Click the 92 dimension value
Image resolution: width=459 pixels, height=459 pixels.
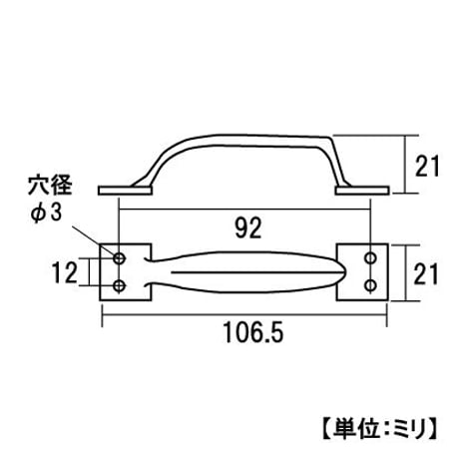[x=248, y=228]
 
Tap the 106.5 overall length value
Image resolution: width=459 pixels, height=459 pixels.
[x=253, y=333]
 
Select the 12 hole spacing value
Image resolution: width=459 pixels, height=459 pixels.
[x=65, y=272]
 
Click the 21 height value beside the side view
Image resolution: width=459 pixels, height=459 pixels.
[x=427, y=166]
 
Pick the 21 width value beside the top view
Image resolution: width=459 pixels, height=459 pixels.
[x=426, y=273]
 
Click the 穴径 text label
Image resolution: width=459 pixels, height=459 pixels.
[x=50, y=186]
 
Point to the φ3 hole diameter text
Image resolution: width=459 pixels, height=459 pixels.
[x=47, y=213]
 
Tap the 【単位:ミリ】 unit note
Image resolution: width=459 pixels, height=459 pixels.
[x=380, y=427]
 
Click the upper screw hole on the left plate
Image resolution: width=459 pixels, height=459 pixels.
[x=119, y=257]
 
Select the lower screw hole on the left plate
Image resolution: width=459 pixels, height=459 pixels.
[x=119, y=285]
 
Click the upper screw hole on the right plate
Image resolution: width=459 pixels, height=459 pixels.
[x=370, y=257]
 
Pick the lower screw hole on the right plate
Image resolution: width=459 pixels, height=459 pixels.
[x=370, y=285]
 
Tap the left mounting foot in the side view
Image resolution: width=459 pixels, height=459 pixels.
[x=125, y=191]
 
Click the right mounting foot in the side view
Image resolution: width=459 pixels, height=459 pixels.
[x=362, y=191]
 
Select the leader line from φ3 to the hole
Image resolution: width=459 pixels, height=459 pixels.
[x=94, y=240]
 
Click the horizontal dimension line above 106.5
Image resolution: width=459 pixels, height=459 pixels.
[x=244, y=314]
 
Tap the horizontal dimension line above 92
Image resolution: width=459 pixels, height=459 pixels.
[x=244, y=210]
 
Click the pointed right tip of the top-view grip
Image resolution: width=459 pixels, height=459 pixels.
[x=346, y=272]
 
